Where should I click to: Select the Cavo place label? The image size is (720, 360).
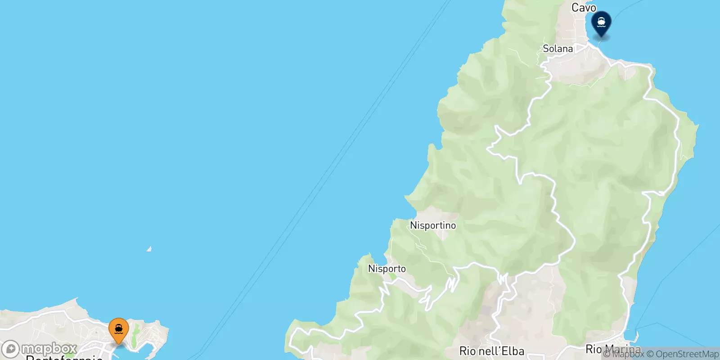[x=584, y=8]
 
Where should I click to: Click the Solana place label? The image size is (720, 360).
[x=558, y=49]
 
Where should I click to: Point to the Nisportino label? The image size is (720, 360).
[x=433, y=225]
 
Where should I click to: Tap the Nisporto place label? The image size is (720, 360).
[x=387, y=269]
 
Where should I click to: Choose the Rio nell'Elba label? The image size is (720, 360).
[x=492, y=351]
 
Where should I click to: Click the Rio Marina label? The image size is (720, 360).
[x=613, y=349]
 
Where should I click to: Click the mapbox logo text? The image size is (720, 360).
[x=49, y=349]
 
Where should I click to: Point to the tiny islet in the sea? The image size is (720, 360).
[x=149, y=248]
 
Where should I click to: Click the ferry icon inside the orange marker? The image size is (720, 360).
[x=119, y=329]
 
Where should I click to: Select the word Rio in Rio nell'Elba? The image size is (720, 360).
[x=468, y=351]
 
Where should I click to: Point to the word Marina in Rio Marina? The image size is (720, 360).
[x=623, y=349]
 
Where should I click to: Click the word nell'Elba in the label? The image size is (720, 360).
[x=501, y=351]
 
